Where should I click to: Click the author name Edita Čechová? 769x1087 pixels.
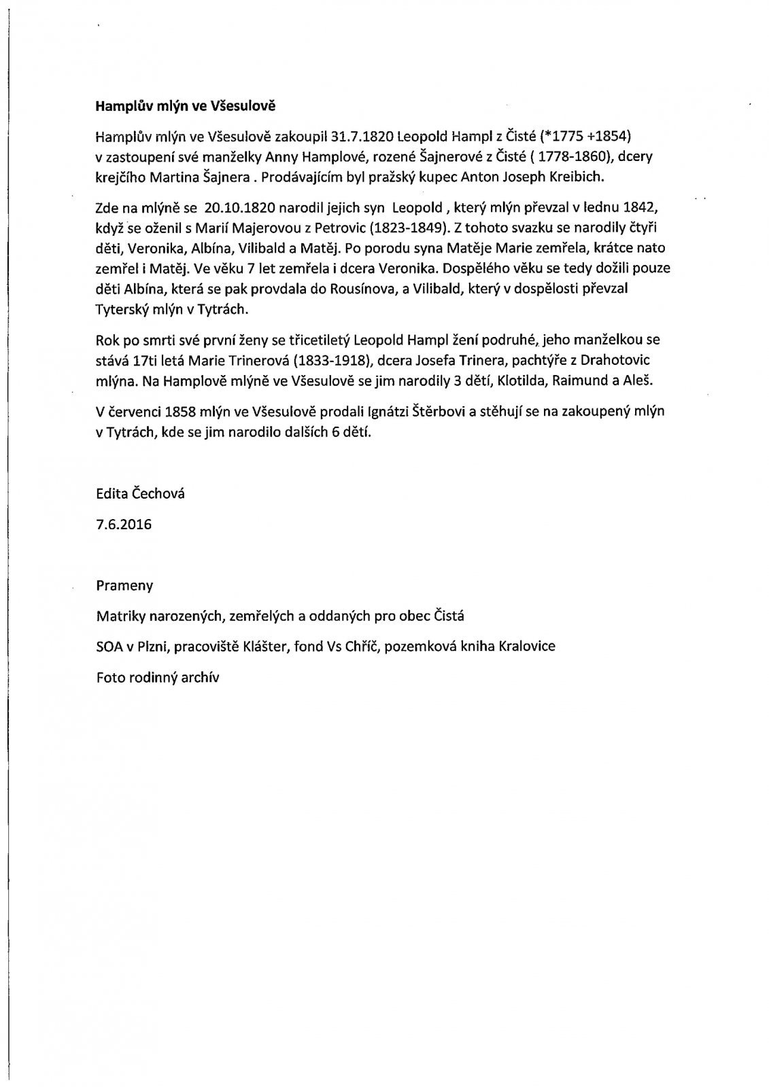(140, 494)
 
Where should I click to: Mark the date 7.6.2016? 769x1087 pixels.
(124, 524)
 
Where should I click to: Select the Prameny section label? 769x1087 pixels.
(124, 586)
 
